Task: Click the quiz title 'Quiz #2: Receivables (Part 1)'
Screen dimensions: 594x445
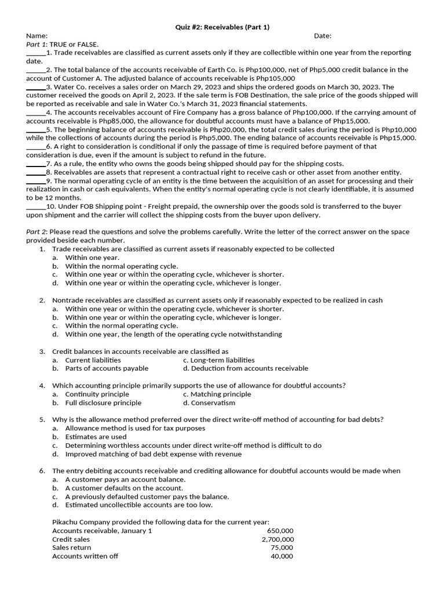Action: [222, 27]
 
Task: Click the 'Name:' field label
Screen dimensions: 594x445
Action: [37, 35]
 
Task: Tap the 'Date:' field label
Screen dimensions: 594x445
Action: [323, 35]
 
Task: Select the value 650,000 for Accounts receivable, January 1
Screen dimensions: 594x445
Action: [280, 531]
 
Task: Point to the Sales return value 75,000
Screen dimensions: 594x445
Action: [282, 548]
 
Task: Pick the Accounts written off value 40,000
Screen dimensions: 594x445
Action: [282, 556]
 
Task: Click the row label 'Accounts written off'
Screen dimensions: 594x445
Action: [85, 556]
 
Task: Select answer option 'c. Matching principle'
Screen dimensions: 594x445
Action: [217, 394]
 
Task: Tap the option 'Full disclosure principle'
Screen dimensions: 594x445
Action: [103, 403]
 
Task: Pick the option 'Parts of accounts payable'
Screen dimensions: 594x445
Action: [107, 368]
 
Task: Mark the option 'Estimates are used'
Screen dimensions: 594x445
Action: [96, 437]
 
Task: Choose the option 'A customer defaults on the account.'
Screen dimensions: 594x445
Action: [124, 488]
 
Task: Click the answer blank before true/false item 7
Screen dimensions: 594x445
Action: [35, 164]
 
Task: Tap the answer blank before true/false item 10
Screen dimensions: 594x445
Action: [35, 207]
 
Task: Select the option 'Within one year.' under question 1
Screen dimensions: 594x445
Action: [92, 258]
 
